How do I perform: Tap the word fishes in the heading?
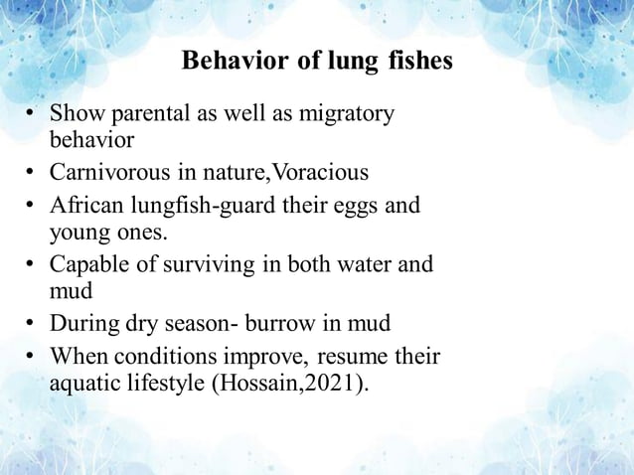tap(415, 61)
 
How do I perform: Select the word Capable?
tap(89, 265)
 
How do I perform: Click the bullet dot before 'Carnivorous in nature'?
tap(33, 173)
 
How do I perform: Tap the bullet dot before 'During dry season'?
tap(33, 324)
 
